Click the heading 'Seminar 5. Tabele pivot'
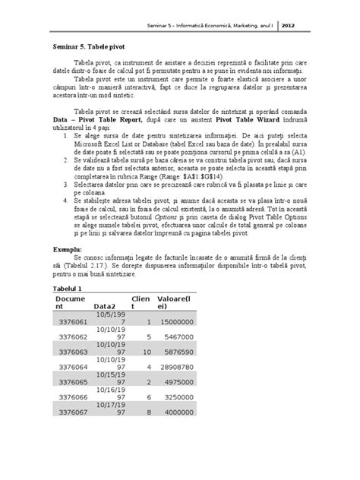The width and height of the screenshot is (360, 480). tap(87, 46)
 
